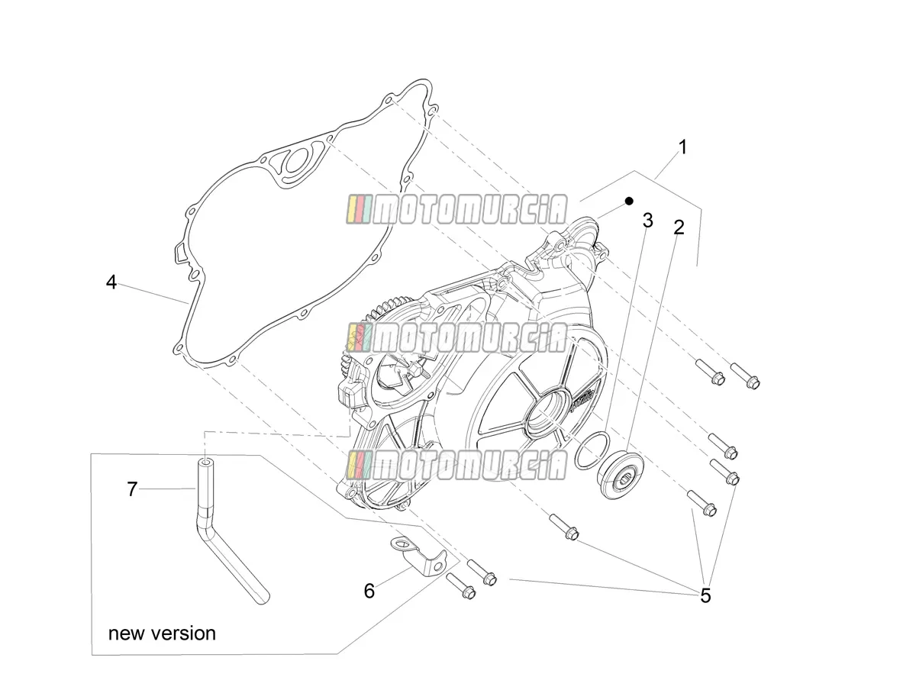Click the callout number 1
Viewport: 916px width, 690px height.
682,147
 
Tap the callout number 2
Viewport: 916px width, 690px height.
679,227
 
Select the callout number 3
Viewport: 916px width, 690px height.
647,221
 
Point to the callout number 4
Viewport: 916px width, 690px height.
111,282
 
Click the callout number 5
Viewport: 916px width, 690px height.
705,595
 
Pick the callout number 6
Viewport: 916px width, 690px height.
369,591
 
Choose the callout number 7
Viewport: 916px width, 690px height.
132,489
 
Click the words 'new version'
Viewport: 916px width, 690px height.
162,634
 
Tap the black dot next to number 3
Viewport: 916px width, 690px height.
629,201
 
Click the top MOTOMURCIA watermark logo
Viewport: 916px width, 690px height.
456,209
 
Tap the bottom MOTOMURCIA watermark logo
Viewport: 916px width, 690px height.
456,464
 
